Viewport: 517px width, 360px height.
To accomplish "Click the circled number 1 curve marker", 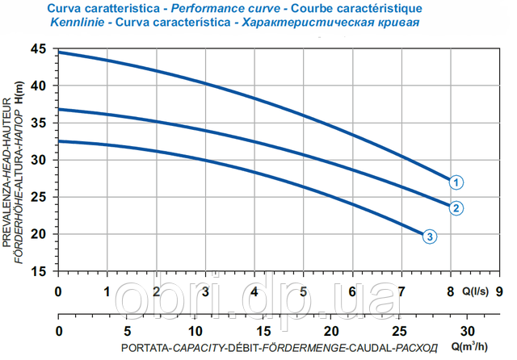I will click(x=456, y=182).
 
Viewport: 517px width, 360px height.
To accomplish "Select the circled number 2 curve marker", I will click(x=456, y=208).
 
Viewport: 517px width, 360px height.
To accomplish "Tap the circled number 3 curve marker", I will click(x=431, y=237).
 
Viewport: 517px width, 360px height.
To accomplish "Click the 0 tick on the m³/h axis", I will click(x=57, y=331).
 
